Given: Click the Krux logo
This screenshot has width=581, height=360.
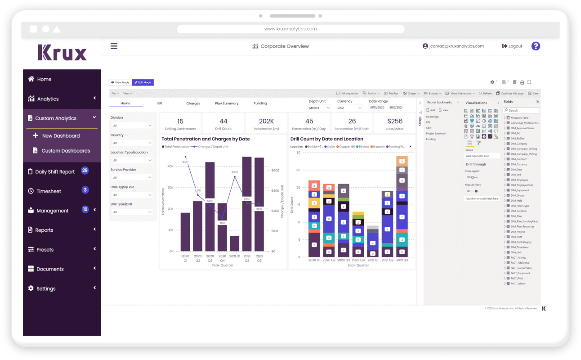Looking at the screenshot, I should [x=62, y=52].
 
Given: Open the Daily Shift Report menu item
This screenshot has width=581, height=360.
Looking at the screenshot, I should [x=55, y=171].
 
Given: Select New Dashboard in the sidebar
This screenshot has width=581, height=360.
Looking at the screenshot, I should [x=61, y=135].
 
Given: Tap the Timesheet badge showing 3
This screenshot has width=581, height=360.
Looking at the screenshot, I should [x=85, y=190].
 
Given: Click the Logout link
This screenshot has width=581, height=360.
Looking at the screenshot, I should [x=512, y=46].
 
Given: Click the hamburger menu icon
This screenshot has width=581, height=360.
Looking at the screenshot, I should [x=114, y=46].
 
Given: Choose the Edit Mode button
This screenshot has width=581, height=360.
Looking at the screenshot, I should [x=143, y=82].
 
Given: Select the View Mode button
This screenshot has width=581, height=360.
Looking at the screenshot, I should [x=120, y=82].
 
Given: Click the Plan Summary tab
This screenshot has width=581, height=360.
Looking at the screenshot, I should [x=227, y=103].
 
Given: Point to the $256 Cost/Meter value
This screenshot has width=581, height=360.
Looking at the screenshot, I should [x=395, y=121].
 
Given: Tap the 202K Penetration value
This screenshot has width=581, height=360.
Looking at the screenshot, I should [x=266, y=121].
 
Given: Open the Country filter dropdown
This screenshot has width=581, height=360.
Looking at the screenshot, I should [x=132, y=143].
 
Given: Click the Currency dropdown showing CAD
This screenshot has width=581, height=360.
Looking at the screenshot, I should [x=349, y=108].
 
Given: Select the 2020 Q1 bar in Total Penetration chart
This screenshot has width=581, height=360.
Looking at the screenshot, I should [x=185, y=232].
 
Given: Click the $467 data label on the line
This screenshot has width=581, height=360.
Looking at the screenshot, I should [x=185, y=162].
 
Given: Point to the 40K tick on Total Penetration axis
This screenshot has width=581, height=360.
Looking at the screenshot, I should [x=170, y=166].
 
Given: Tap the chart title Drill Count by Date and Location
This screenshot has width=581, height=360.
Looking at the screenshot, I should [x=326, y=139].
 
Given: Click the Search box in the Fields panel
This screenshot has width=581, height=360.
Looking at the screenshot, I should [x=522, y=110].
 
